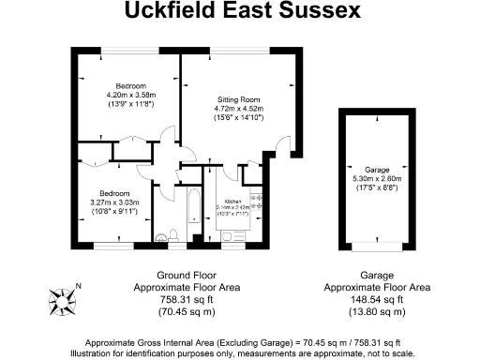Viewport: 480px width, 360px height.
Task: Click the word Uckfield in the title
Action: click(x=175, y=12)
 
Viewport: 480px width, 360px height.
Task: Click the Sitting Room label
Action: click(x=238, y=98)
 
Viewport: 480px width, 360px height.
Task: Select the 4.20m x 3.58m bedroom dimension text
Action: click(x=127, y=94)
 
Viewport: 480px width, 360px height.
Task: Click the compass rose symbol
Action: click(x=64, y=302)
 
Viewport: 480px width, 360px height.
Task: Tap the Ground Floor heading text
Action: click(x=187, y=275)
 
